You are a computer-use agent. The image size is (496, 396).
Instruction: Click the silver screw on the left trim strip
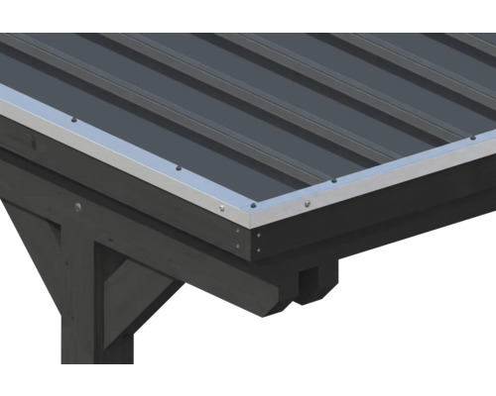[221, 207]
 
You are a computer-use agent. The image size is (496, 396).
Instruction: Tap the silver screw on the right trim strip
[307, 204]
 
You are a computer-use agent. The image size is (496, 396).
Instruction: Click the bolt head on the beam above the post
[78, 207]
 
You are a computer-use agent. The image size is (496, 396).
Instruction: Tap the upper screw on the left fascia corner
[241, 235]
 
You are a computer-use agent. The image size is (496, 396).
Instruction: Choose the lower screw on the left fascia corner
[241, 249]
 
